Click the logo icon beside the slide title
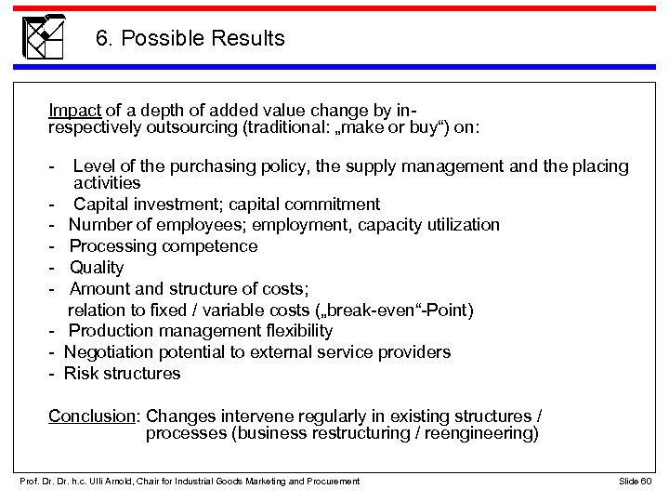(44, 36)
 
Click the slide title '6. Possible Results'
(190, 39)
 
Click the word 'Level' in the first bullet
(94, 166)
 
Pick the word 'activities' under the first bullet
(107, 183)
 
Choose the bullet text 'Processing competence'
(164, 246)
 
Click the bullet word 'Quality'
(97, 268)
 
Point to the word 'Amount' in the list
(99, 288)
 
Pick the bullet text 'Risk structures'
(123, 374)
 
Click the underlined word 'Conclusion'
(92, 416)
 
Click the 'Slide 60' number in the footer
(635, 481)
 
